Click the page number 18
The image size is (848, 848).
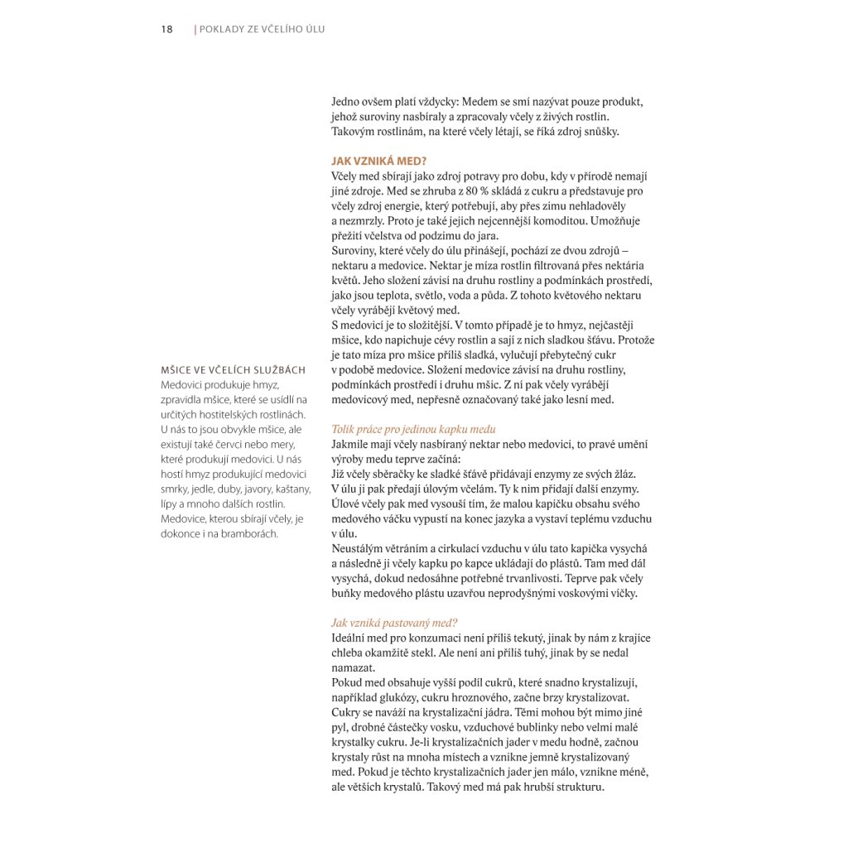(x=166, y=29)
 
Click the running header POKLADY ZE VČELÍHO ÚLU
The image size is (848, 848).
(x=262, y=29)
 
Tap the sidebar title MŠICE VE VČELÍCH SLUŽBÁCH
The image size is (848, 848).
(x=234, y=369)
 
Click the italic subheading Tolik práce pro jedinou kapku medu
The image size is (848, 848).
(x=413, y=429)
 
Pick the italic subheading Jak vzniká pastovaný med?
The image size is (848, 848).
(x=394, y=623)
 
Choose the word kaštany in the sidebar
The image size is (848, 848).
(x=291, y=489)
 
